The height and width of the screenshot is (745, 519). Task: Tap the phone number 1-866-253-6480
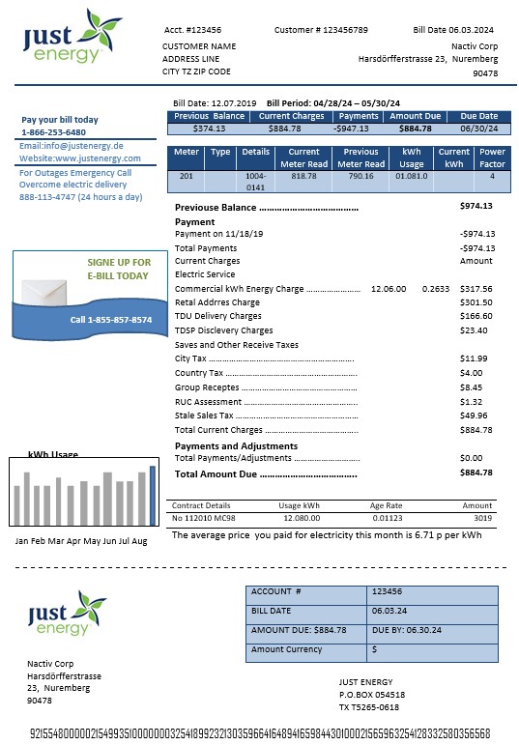click(53, 132)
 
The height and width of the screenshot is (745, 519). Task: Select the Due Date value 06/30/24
click(479, 128)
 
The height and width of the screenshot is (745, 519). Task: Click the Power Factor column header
click(492, 158)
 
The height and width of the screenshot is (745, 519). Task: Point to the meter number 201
click(186, 176)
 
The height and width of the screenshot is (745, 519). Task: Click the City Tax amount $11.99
click(472, 358)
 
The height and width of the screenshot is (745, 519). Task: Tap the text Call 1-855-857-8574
click(111, 320)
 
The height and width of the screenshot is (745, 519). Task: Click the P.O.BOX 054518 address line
click(371, 694)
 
